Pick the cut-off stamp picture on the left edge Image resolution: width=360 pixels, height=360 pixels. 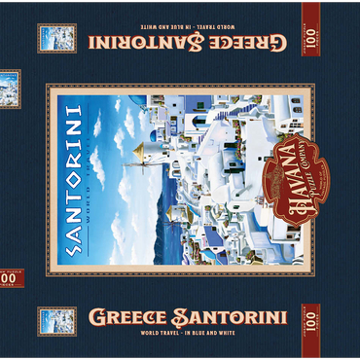[x=9, y=83]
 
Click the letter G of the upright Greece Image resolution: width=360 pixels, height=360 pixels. [x=96, y=318]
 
